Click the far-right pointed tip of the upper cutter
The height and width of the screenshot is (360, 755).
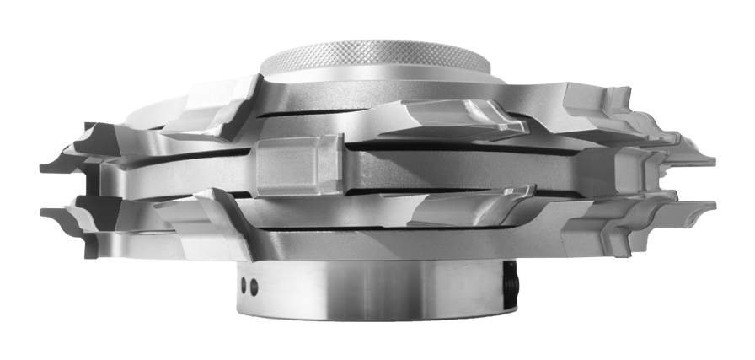point(713,159)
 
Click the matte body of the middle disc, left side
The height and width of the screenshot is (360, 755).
point(169,173)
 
